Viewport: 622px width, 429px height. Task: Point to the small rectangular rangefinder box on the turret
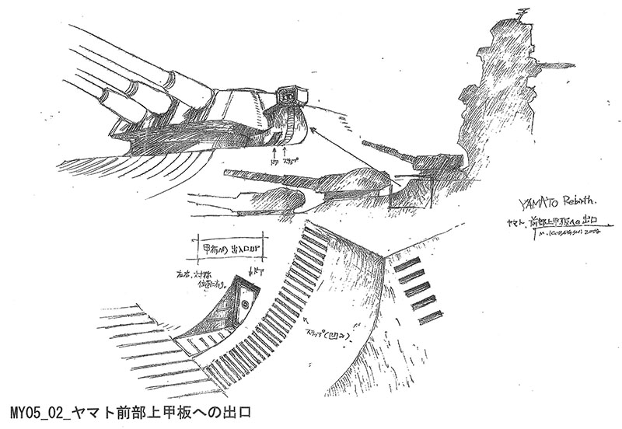coord(292,96)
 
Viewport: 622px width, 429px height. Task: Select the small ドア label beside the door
coord(254,273)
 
